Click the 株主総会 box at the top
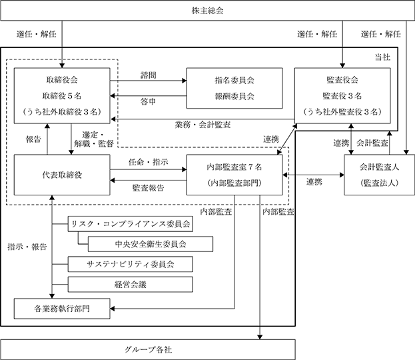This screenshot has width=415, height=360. [208, 11]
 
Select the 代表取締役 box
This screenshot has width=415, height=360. [62, 175]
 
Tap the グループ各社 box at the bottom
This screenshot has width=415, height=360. [148, 350]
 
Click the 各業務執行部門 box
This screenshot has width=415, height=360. [62, 309]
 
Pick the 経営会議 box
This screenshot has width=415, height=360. [130, 285]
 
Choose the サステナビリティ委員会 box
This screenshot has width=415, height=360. [130, 264]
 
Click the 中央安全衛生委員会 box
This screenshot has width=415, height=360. [151, 244]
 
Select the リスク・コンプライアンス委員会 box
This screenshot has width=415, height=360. [130, 224]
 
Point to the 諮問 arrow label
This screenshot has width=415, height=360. [148, 75]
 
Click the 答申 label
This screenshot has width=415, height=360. [148, 101]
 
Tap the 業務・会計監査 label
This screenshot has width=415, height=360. [203, 125]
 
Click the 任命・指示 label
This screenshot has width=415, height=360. [148, 162]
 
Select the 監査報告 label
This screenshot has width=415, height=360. [148, 188]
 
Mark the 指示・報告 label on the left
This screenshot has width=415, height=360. [27, 247]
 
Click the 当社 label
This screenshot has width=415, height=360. [382, 57]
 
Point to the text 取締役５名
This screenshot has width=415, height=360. [62, 95]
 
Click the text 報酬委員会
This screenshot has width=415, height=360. [234, 96]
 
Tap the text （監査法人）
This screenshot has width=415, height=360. [380, 183]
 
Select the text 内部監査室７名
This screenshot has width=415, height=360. [234, 167]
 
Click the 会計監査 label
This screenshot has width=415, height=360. [372, 143]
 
